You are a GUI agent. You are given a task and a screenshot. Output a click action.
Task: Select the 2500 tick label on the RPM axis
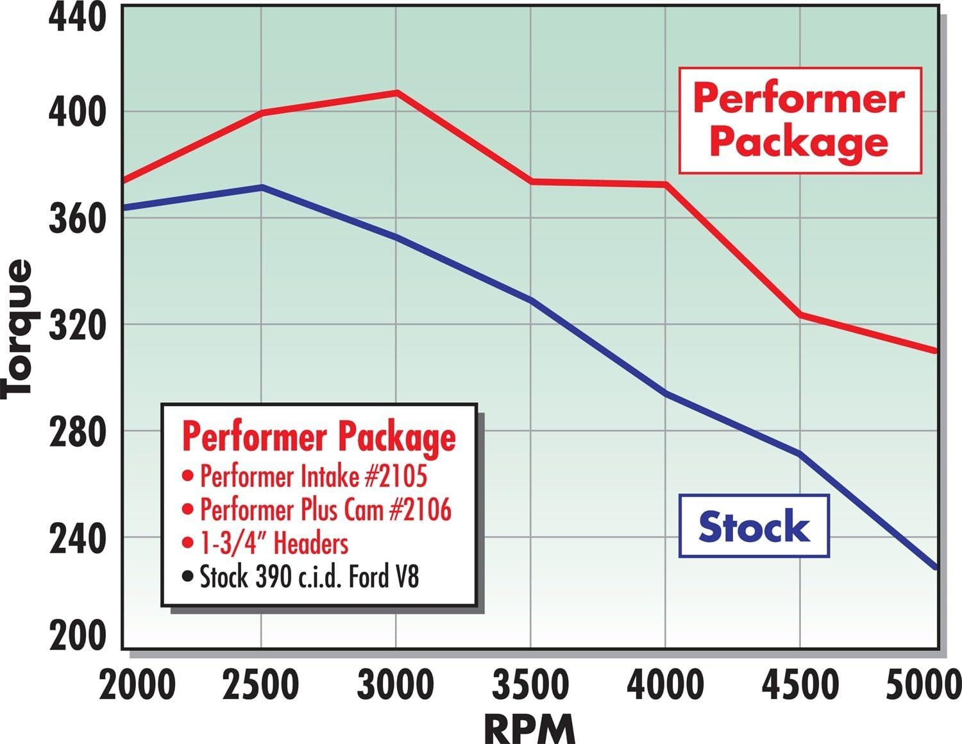coord(261,685)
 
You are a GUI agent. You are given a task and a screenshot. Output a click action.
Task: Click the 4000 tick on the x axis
coord(665,685)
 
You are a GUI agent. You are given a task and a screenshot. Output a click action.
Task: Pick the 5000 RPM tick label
coord(924,685)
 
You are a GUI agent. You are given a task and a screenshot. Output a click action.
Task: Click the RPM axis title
coord(530,729)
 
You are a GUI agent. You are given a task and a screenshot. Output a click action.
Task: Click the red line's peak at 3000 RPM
coord(396,92)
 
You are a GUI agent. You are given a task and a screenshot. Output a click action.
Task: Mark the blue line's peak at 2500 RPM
coord(261,187)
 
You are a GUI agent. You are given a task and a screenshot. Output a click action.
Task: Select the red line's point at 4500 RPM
coord(800,314)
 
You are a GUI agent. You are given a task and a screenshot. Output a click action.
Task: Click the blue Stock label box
coord(754,526)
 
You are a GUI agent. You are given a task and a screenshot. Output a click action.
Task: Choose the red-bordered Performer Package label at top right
coord(800,121)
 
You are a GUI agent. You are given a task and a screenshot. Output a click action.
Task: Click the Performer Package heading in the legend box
coord(319,437)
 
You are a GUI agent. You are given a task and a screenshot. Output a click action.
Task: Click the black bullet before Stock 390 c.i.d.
coord(187,577)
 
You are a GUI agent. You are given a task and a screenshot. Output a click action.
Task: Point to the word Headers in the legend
coord(311,543)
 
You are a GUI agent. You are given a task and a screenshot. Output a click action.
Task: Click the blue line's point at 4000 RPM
coord(666,393)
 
